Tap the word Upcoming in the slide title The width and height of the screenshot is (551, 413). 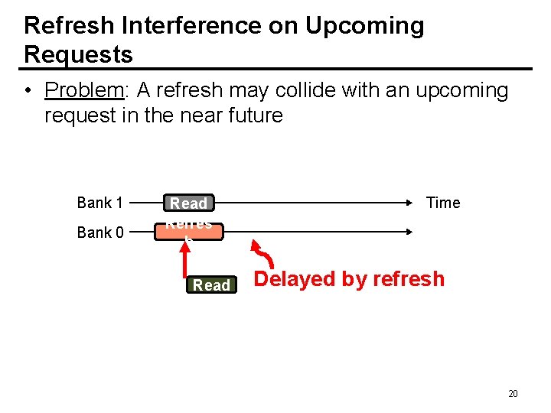pyautogui.click(x=364, y=25)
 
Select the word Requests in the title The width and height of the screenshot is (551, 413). pyautogui.click(x=78, y=54)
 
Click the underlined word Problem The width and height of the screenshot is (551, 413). pyautogui.click(x=83, y=90)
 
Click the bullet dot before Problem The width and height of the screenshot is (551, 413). pyautogui.click(x=27, y=91)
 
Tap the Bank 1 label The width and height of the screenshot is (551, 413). pyautogui.click(x=99, y=203)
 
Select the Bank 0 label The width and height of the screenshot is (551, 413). pyautogui.click(x=99, y=233)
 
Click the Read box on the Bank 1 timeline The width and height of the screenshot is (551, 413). pyautogui.click(x=188, y=203)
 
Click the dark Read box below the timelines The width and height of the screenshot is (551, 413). pyautogui.click(x=211, y=285)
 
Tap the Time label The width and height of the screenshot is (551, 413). pyautogui.click(x=443, y=203)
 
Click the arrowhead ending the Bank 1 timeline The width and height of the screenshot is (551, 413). pyautogui.click(x=411, y=203)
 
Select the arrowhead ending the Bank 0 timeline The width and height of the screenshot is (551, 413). pyautogui.click(x=411, y=231)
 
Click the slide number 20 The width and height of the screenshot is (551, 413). pyautogui.click(x=513, y=394)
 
